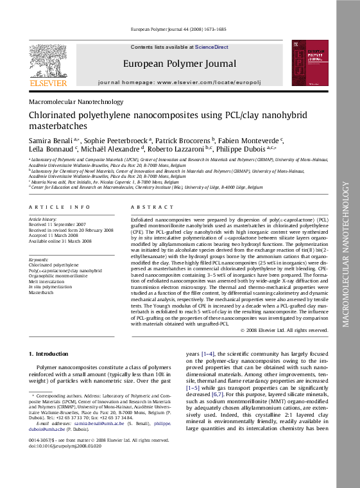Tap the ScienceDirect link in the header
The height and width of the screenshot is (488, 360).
tap(212, 47)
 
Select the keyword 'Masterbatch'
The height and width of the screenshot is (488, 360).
tap(41, 292)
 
